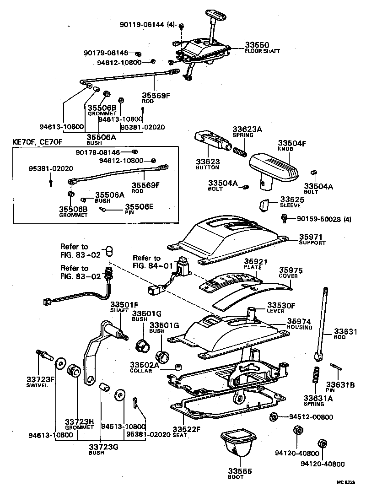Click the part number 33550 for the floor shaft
pos(258,45)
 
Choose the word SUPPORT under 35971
pos(312,243)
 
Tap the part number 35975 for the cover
pos(291,270)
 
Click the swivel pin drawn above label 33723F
pos(43,355)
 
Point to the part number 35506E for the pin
pos(140,207)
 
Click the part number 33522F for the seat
pos(186,429)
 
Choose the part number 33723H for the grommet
pos(79,421)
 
